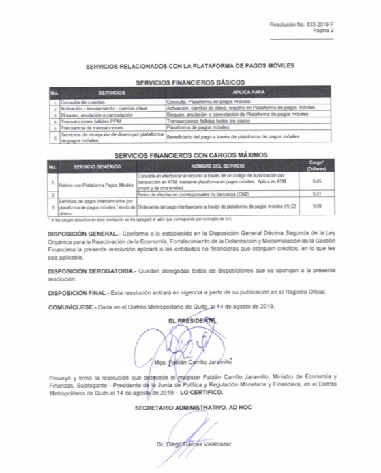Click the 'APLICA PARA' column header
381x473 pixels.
click(x=248, y=91)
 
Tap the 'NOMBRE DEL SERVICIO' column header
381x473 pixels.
click(x=216, y=166)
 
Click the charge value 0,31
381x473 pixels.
click(x=316, y=194)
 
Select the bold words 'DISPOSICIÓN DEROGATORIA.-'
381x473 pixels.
click(x=92, y=271)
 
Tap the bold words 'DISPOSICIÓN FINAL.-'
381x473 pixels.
click(x=78, y=292)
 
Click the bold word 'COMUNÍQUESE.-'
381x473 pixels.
click(x=72, y=307)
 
